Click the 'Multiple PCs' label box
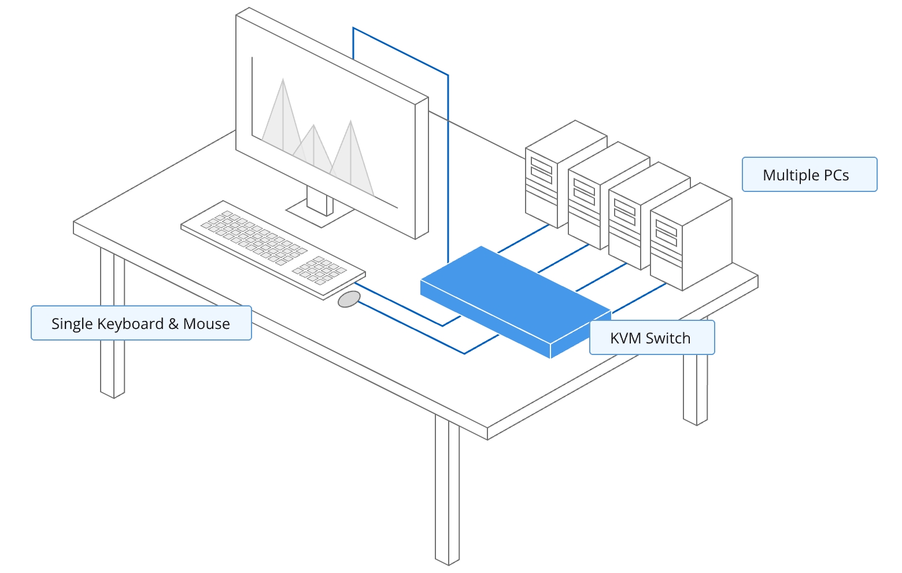coord(809,175)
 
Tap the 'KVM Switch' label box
coord(652,338)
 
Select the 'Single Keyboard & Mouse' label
coord(141,323)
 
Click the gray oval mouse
coord(349,299)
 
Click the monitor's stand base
coord(320,213)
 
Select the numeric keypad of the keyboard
coord(319,269)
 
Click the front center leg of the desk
coord(447,489)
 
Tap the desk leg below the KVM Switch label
coord(696,389)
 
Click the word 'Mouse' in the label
coord(206,323)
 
